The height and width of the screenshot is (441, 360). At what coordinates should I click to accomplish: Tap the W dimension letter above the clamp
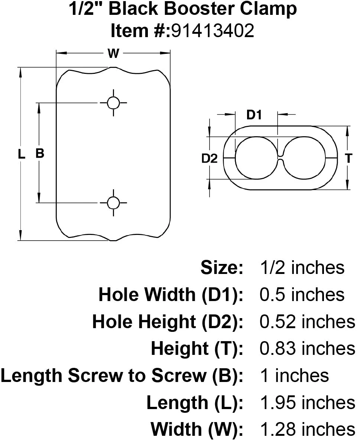(113, 54)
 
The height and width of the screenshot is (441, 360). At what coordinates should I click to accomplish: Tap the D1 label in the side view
(254, 115)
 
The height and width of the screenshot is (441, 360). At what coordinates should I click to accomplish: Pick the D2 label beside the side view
(209, 159)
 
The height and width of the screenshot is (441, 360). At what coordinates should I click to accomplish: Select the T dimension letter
(348, 159)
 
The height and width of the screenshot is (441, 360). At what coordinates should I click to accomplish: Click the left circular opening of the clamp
(256, 158)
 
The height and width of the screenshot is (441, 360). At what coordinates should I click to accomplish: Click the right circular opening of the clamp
(304, 158)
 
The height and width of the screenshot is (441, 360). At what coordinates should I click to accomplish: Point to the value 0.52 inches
(307, 321)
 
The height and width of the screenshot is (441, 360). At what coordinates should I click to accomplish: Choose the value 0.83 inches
(307, 349)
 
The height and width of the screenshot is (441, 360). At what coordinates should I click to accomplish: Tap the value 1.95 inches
(307, 403)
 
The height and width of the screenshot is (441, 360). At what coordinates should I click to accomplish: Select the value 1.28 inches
(307, 429)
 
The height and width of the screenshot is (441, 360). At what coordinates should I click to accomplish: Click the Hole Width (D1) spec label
(171, 295)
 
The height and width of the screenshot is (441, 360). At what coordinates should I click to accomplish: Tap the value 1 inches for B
(293, 376)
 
